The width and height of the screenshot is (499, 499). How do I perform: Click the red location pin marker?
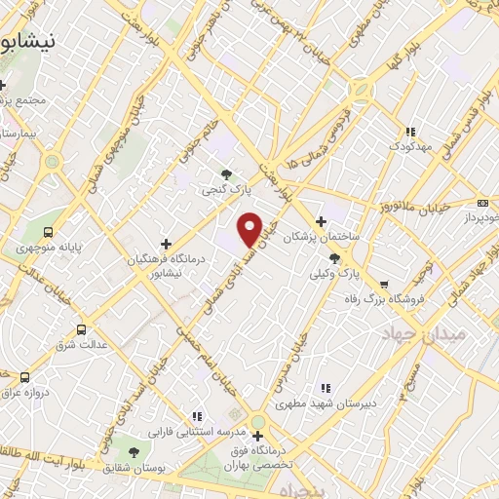pos(250,229)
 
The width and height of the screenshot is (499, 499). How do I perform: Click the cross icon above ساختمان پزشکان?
pos(322,220)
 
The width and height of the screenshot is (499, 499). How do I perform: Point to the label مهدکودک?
pos(409,146)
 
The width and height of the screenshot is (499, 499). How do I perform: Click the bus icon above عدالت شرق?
pos(81,329)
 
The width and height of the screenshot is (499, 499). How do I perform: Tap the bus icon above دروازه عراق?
pos(24,377)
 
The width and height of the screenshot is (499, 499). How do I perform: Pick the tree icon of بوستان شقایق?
pos(133,451)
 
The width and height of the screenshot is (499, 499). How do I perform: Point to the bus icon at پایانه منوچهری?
pos(49,232)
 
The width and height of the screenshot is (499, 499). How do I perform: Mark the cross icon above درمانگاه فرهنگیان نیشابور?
pos(166,244)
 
